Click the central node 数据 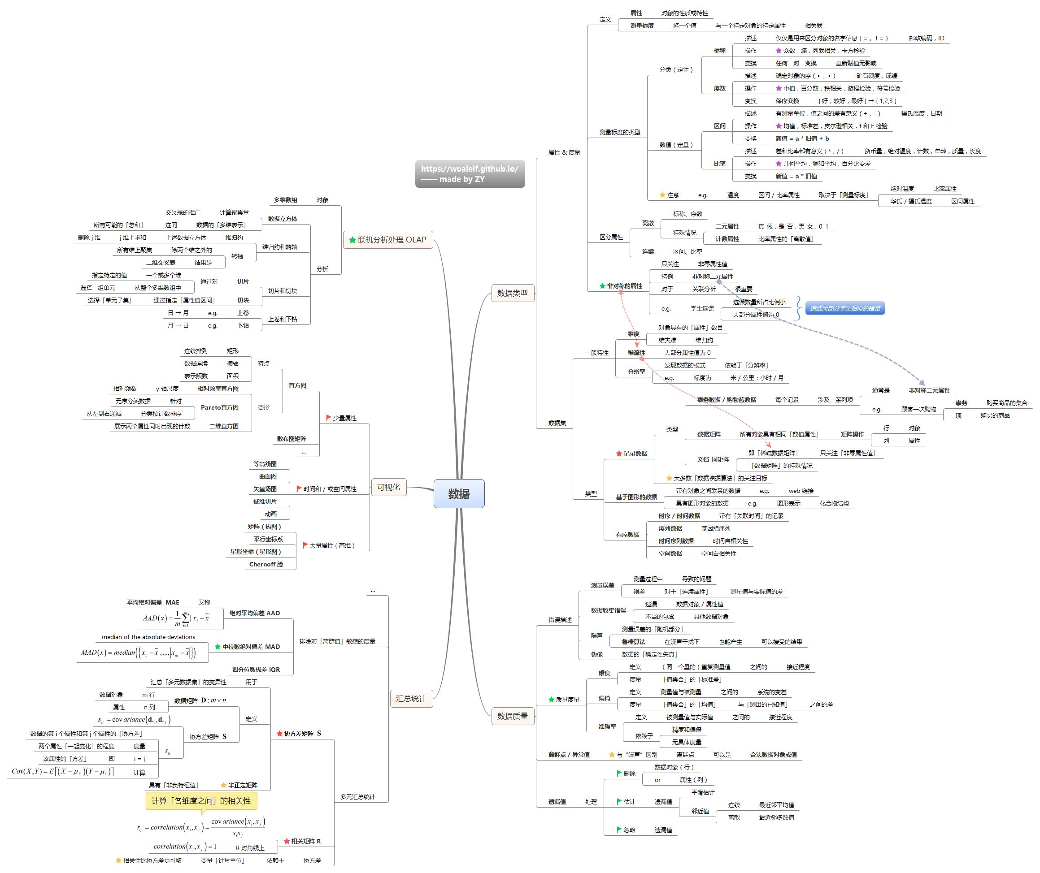tap(459, 493)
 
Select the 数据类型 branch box tap(512, 293)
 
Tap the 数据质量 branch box tap(512, 716)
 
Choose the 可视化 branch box tap(388, 487)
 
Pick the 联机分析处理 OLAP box tap(388, 239)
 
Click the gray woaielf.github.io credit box tap(470, 174)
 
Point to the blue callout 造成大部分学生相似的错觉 tap(844, 308)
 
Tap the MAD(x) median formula tap(138, 653)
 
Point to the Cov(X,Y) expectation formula tap(63, 771)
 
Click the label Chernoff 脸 tap(266, 564)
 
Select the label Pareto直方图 tap(219, 407)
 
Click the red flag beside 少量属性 tap(328, 418)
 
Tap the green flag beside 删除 tap(619, 773)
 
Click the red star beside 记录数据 tap(619, 454)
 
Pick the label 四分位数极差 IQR tap(256, 669)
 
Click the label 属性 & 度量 tap(564, 152)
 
